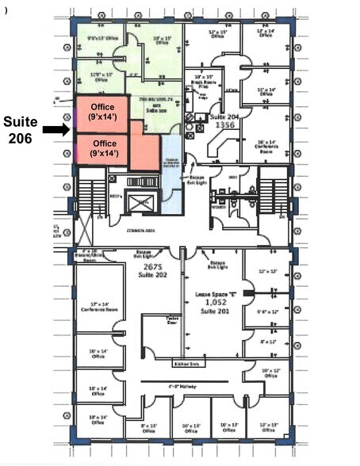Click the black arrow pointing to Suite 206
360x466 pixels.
click(56, 129)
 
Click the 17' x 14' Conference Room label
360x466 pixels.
click(99, 307)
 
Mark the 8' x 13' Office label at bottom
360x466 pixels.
click(146, 428)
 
